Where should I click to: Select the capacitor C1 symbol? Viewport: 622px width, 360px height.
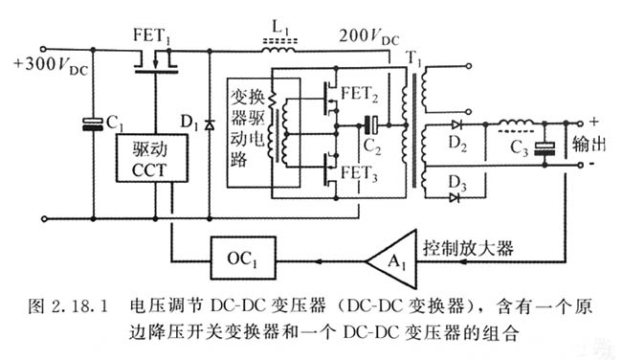[x=92, y=123]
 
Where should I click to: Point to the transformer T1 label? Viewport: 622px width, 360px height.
[x=414, y=57]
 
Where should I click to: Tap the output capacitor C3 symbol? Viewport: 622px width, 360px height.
[x=546, y=147]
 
